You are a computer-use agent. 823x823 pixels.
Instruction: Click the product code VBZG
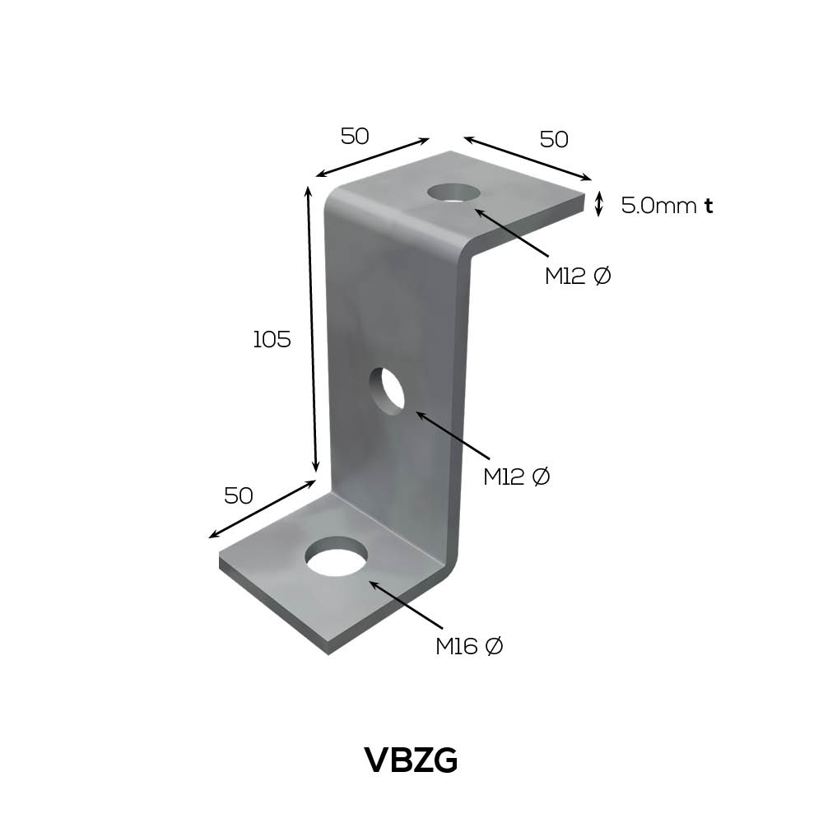coord(411,760)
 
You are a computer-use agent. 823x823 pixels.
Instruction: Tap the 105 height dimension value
coord(272,340)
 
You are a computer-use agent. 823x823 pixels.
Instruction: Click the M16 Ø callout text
coord(469,646)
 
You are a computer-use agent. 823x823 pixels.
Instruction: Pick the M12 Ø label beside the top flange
coord(578,276)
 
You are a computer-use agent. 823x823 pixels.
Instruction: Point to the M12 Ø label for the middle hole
coord(517,477)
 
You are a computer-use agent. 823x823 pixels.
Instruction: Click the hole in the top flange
coord(454,192)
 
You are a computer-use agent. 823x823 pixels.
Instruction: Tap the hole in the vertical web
coord(388,389)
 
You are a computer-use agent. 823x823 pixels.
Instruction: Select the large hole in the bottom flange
coord(337,556)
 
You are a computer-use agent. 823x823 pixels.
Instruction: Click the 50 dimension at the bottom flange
coord(239,495)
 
